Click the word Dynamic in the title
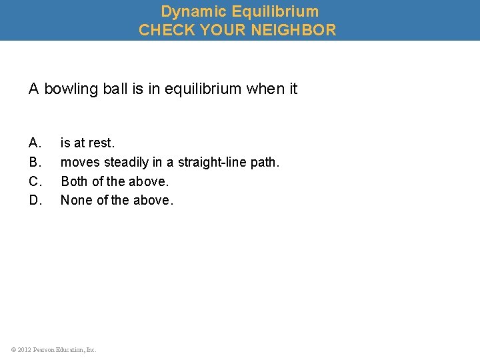(190, 11)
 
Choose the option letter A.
(35, 143)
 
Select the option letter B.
(35, 162)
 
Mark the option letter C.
(35, 181)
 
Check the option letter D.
(35, 200)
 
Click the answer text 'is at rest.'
(87, 143)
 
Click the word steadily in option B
(127, 162)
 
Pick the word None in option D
(75, 200)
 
